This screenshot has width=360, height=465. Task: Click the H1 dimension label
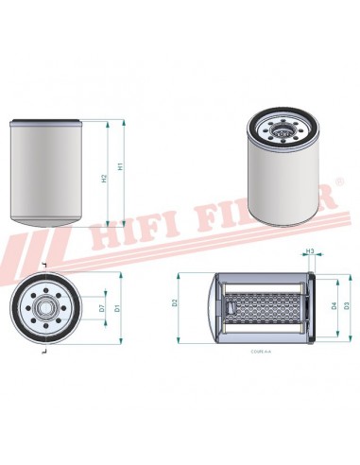coord(119,166)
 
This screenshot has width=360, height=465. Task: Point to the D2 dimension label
coord(176,302)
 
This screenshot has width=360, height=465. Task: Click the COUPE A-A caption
coord(261,351)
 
